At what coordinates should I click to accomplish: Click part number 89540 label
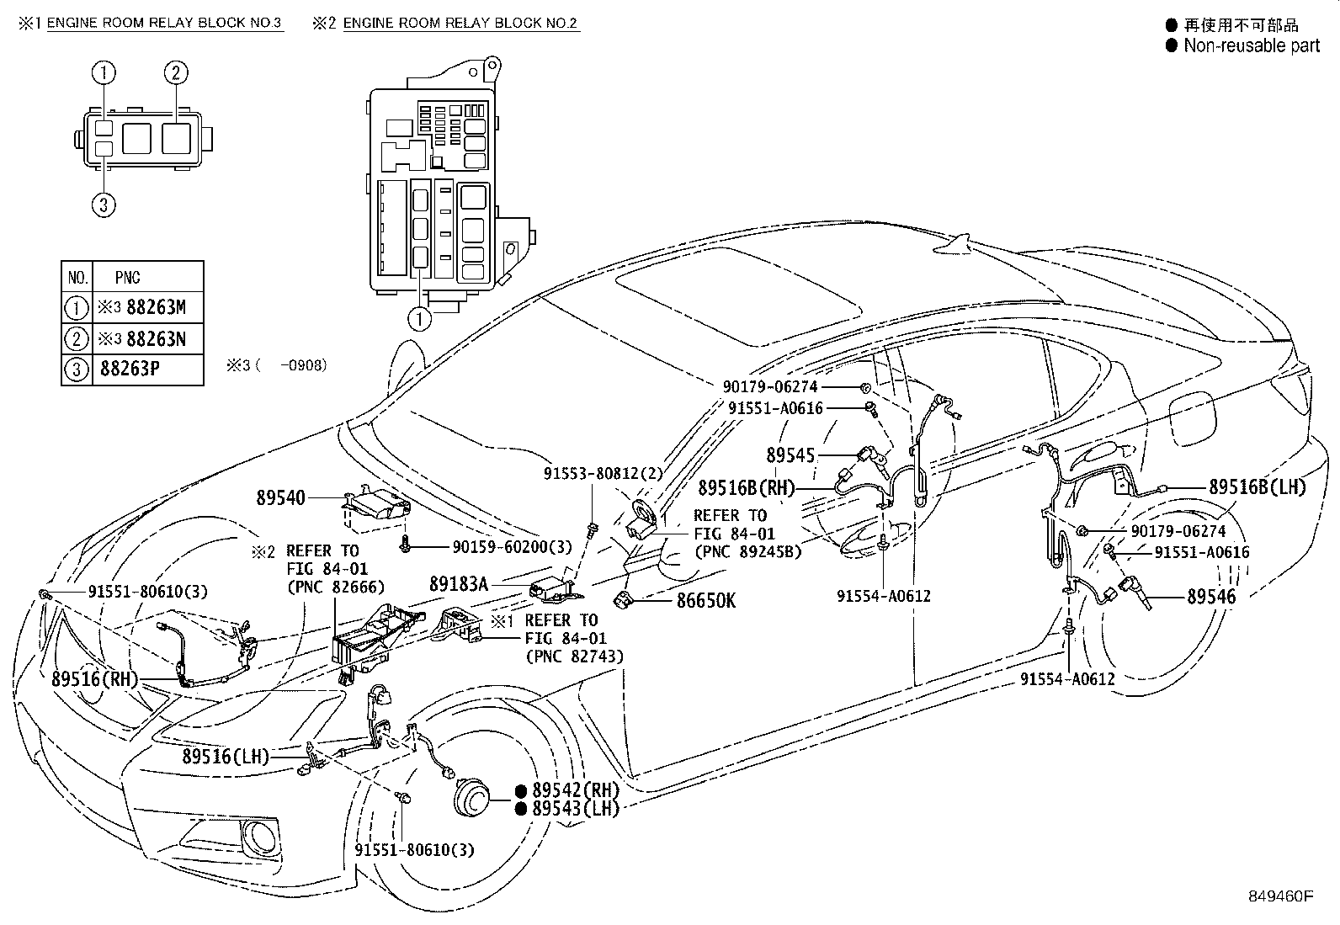click(281, 498)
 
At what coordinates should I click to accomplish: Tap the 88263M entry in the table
click(155, 308)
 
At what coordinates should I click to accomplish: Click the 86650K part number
click(706, 600)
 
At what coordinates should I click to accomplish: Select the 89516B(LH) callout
click(1258, 486)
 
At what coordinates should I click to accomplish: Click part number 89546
click(1211, 597)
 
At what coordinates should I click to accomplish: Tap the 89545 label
click(790, 455)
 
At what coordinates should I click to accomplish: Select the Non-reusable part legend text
click(1252, 45)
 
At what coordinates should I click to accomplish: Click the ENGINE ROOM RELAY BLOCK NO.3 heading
click(164, 23)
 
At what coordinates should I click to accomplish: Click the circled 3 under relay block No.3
click(104, 205)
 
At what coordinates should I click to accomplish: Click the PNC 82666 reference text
click(334, 587)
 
